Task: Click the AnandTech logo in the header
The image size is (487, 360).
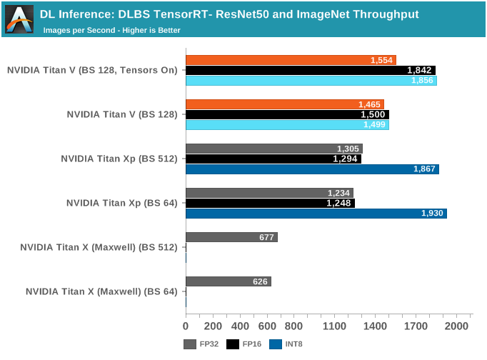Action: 19,19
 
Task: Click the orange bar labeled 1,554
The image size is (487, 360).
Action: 291,60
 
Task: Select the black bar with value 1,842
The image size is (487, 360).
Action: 311,70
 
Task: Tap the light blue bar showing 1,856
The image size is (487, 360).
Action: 311,81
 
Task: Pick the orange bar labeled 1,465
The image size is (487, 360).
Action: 285,104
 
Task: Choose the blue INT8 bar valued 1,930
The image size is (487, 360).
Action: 316,213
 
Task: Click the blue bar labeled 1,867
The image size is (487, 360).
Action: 312,169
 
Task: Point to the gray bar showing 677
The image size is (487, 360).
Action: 231,237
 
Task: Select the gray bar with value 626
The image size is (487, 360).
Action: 229,281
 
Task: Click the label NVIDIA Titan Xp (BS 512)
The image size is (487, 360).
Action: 119,159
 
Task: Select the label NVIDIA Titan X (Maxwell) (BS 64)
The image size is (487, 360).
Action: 101,291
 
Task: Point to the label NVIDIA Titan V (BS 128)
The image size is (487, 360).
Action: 122,114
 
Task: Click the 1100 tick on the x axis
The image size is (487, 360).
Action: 335,326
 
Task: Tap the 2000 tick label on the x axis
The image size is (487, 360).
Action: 457,326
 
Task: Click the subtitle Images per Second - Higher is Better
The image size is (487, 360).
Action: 111,30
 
